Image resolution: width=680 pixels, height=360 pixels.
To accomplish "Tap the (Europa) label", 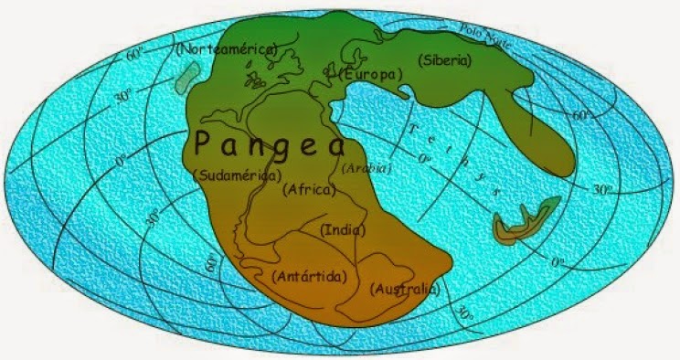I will coord(370,74).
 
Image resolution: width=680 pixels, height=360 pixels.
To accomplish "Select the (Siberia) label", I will coord(444,60).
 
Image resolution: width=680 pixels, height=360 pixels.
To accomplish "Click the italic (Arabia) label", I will coord(366,168).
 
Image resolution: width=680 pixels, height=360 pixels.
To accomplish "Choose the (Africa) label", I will coord(311,190).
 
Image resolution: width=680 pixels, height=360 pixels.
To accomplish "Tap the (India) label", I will coord(343,230).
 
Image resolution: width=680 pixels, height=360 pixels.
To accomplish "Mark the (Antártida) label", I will coord(310,275).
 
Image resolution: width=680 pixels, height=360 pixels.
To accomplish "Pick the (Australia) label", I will coord(406,289).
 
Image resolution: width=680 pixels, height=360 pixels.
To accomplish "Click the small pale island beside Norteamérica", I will coord(186,77).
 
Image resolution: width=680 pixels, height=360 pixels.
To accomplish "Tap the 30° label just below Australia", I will coord(465,312).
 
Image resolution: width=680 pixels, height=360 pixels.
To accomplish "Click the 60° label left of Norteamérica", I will coord(134,54).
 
